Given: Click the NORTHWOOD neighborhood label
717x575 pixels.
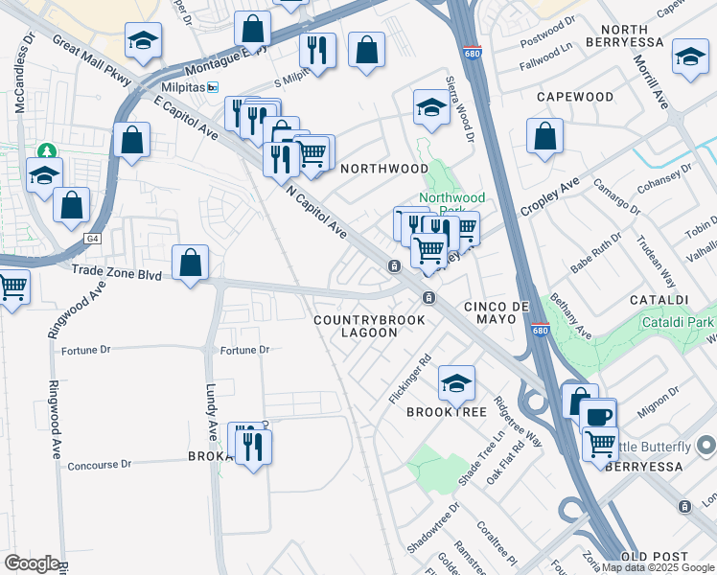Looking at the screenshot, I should [x=384, y=168].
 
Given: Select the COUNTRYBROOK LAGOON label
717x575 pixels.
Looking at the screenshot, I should [x=355, y=325].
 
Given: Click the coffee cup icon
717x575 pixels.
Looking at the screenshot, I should [x=598, y=416].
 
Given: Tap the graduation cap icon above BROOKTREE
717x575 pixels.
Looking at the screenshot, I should [x=457, y=382].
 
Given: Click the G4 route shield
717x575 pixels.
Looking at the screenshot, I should [x=92, y=238].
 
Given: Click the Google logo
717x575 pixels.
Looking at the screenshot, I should [x=32, y=563].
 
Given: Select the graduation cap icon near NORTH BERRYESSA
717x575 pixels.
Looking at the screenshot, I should [x=690, y=57].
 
